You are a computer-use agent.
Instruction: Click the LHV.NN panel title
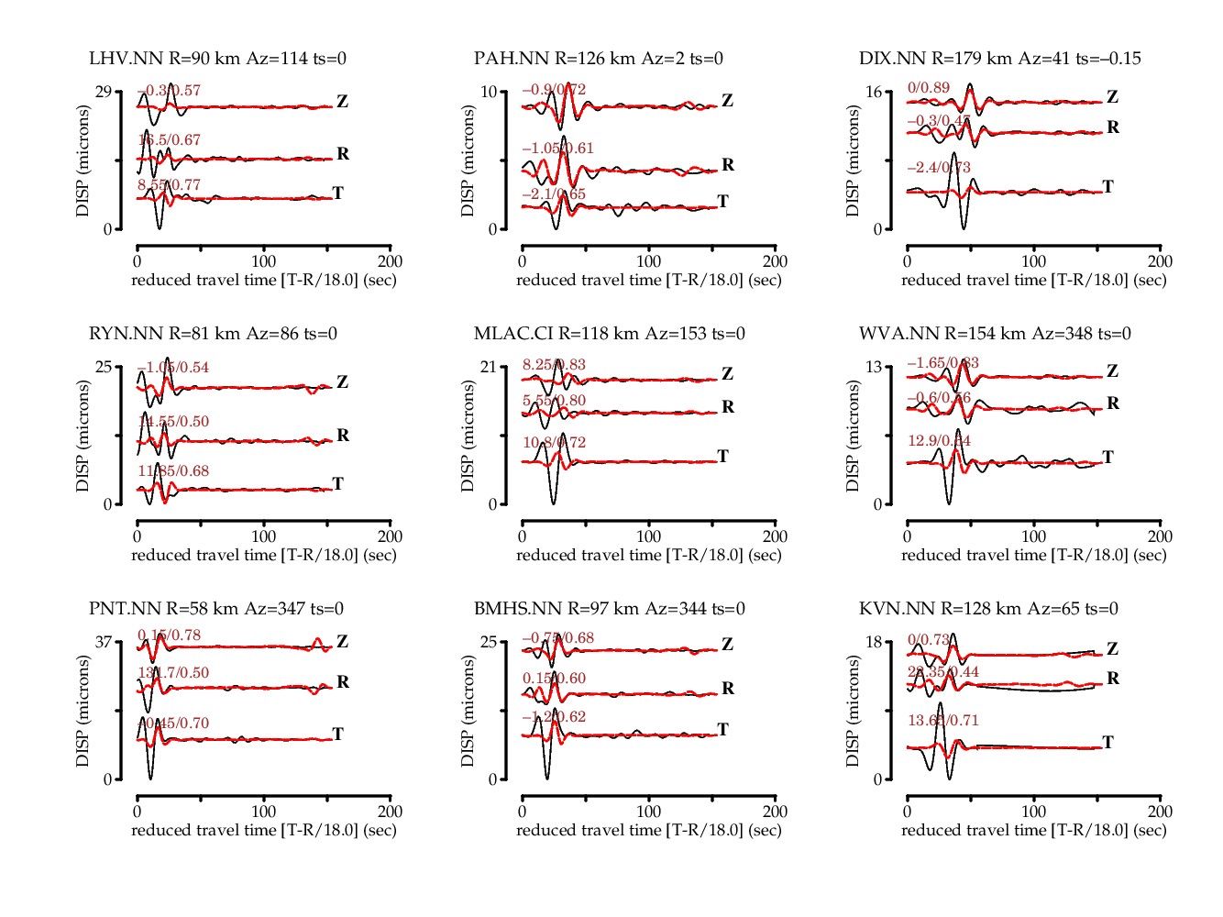[217, 59]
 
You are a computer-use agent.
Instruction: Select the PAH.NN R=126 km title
[598, 59]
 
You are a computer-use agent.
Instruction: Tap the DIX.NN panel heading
[999, 59]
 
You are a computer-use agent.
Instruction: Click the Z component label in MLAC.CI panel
[727, 374]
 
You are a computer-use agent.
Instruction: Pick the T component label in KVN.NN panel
[1107, 742]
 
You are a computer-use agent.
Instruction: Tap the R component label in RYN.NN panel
[343, 435]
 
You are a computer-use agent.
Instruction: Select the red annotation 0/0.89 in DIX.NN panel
[928, 88]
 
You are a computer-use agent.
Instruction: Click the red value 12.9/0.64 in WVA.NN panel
[939, 441]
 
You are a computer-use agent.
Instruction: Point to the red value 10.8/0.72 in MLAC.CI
[554, 443]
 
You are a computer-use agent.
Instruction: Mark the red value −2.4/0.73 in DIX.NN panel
[939, 168]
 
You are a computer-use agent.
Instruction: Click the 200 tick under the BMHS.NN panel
[775, 812]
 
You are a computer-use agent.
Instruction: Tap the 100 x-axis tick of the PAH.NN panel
[648, 261]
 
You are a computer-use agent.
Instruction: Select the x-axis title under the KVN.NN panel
[1033, 830]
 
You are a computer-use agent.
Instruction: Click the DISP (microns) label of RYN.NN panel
[83, 436]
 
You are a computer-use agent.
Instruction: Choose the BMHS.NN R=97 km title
[609, 609]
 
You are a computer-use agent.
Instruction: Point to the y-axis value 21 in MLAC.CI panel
[489, 367]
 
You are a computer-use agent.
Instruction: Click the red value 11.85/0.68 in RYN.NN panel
[173, 471]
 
